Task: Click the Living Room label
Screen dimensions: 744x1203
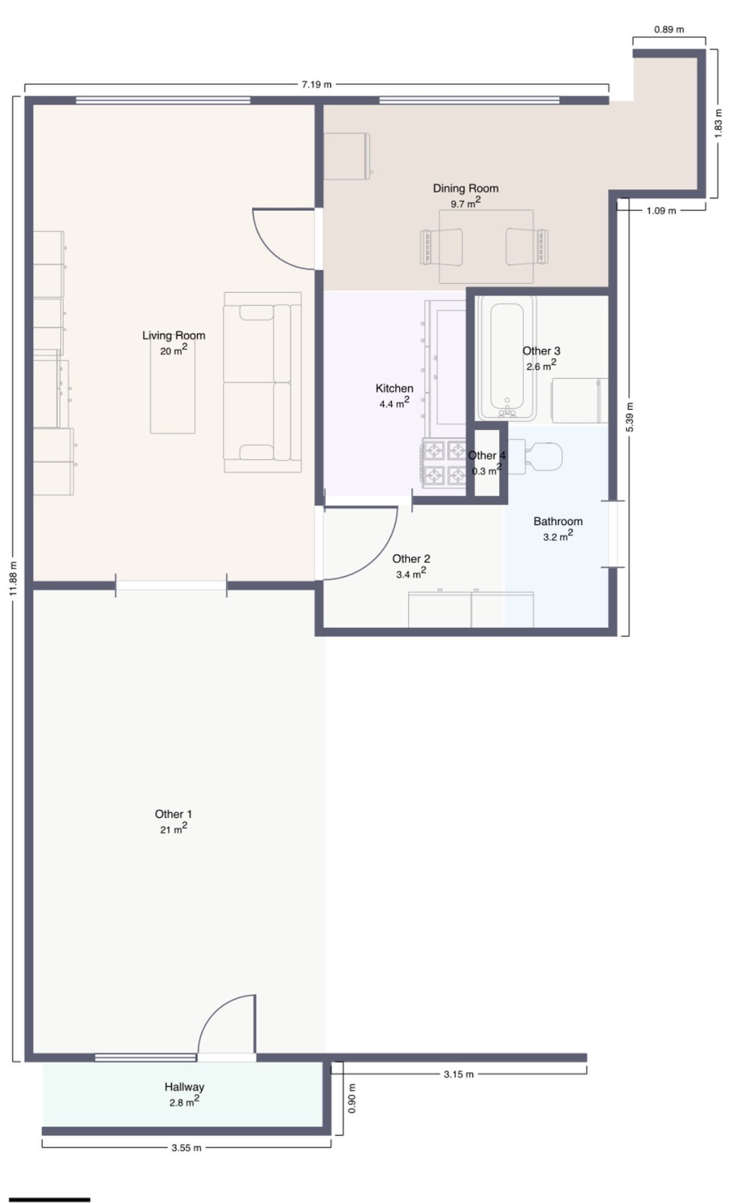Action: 174,335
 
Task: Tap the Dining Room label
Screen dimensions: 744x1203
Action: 466,189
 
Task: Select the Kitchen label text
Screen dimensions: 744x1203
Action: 394,388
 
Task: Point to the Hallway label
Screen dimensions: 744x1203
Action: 184,1086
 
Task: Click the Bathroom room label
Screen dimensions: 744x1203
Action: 558,522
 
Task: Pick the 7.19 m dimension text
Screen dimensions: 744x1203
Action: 317,84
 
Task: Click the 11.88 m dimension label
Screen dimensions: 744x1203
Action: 13,579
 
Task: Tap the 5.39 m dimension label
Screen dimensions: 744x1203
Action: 629,417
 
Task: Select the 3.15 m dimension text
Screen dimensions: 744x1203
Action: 459,1074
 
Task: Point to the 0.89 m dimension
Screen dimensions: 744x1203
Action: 670,29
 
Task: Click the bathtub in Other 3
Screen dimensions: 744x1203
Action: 507,358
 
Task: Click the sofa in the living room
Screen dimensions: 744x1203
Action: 263,383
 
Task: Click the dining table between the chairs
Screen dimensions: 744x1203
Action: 487,247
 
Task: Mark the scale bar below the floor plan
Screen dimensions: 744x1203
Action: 50,1183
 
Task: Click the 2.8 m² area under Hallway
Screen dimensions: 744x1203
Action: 184,1101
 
